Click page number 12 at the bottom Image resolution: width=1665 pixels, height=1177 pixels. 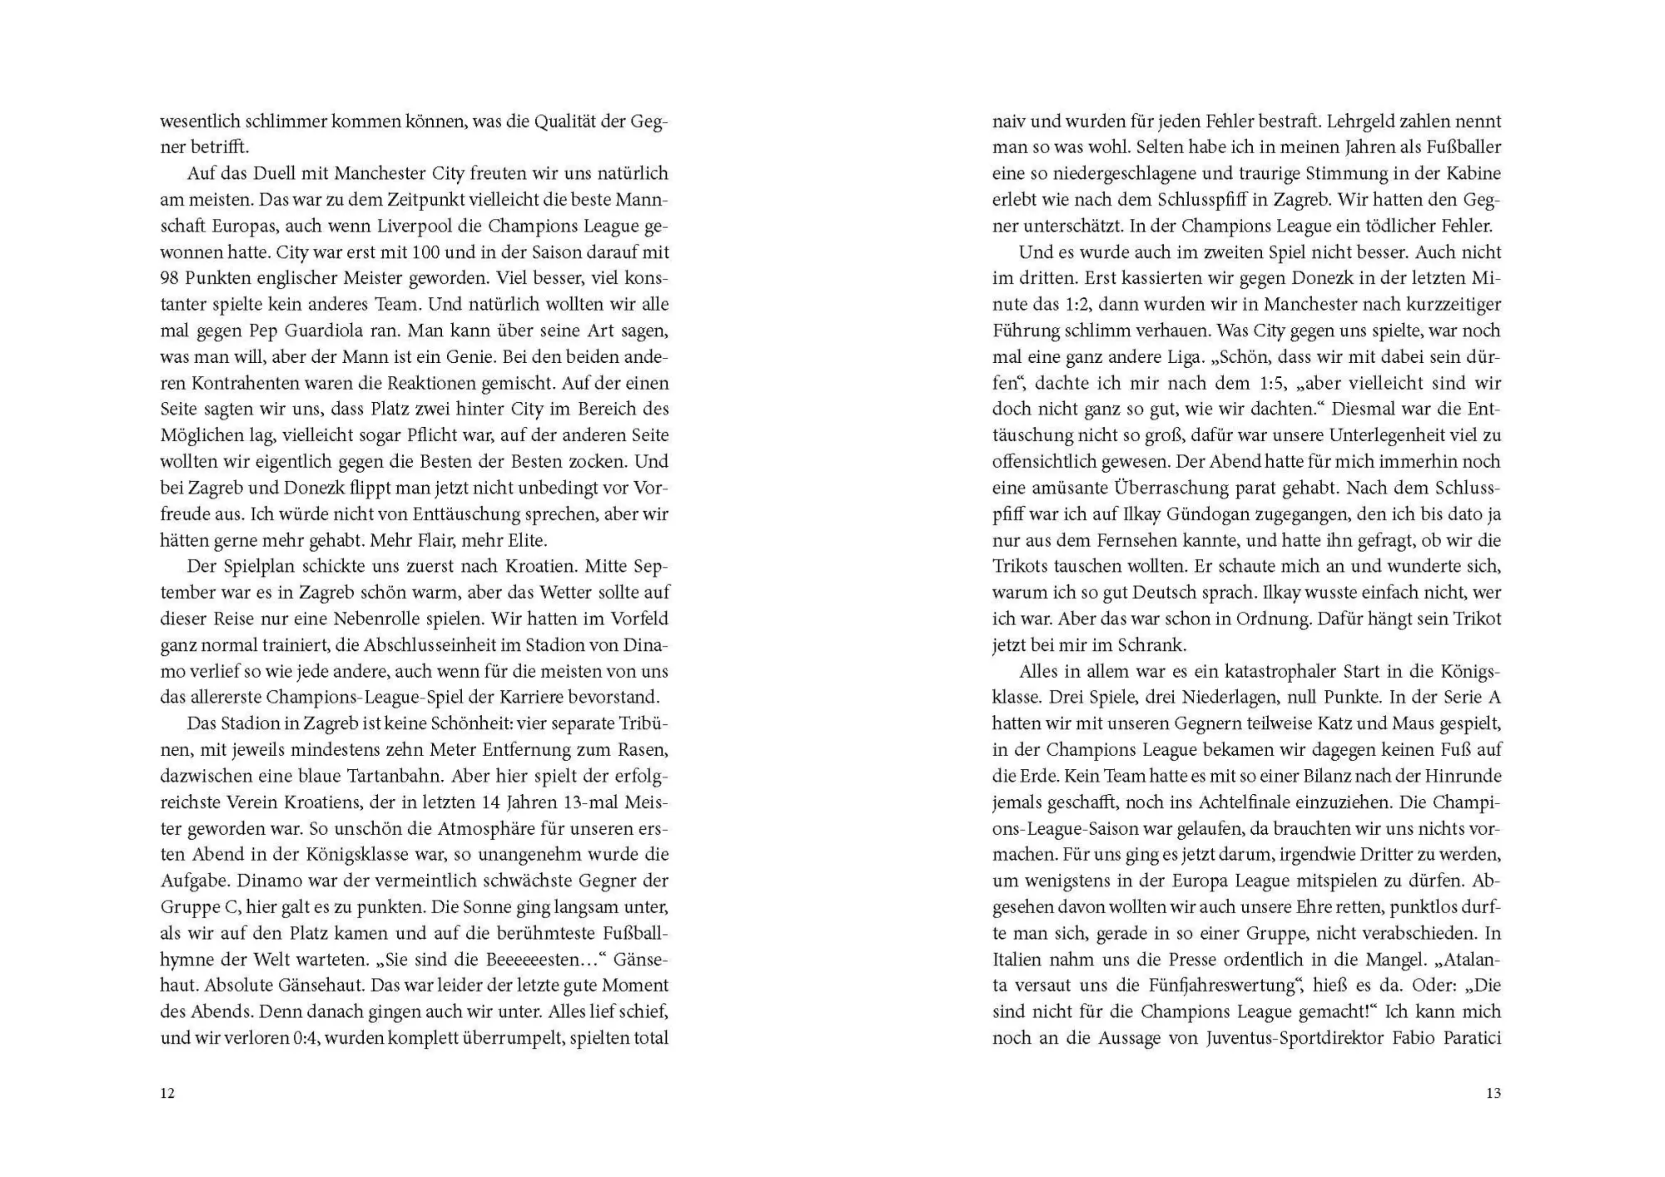pyautogui.click(x=167, y=1093)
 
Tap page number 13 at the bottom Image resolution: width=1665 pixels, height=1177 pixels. pyautogui.click(x=1493, y=1093)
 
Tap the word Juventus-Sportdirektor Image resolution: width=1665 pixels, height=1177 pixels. pyautogui.click(x=1295, y=1038)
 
